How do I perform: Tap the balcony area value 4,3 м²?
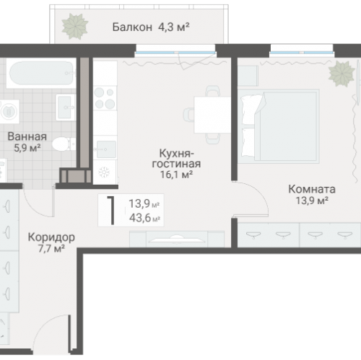(173, 28)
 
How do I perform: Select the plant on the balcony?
(74, 27)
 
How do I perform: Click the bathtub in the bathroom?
(40, 74)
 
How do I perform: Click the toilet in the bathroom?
(64, 143)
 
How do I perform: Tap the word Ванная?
(27, 136)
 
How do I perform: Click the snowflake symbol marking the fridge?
(104, 172)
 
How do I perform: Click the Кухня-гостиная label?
(180, 158)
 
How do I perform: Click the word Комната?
(311, 188)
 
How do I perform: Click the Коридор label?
(51, 237)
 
